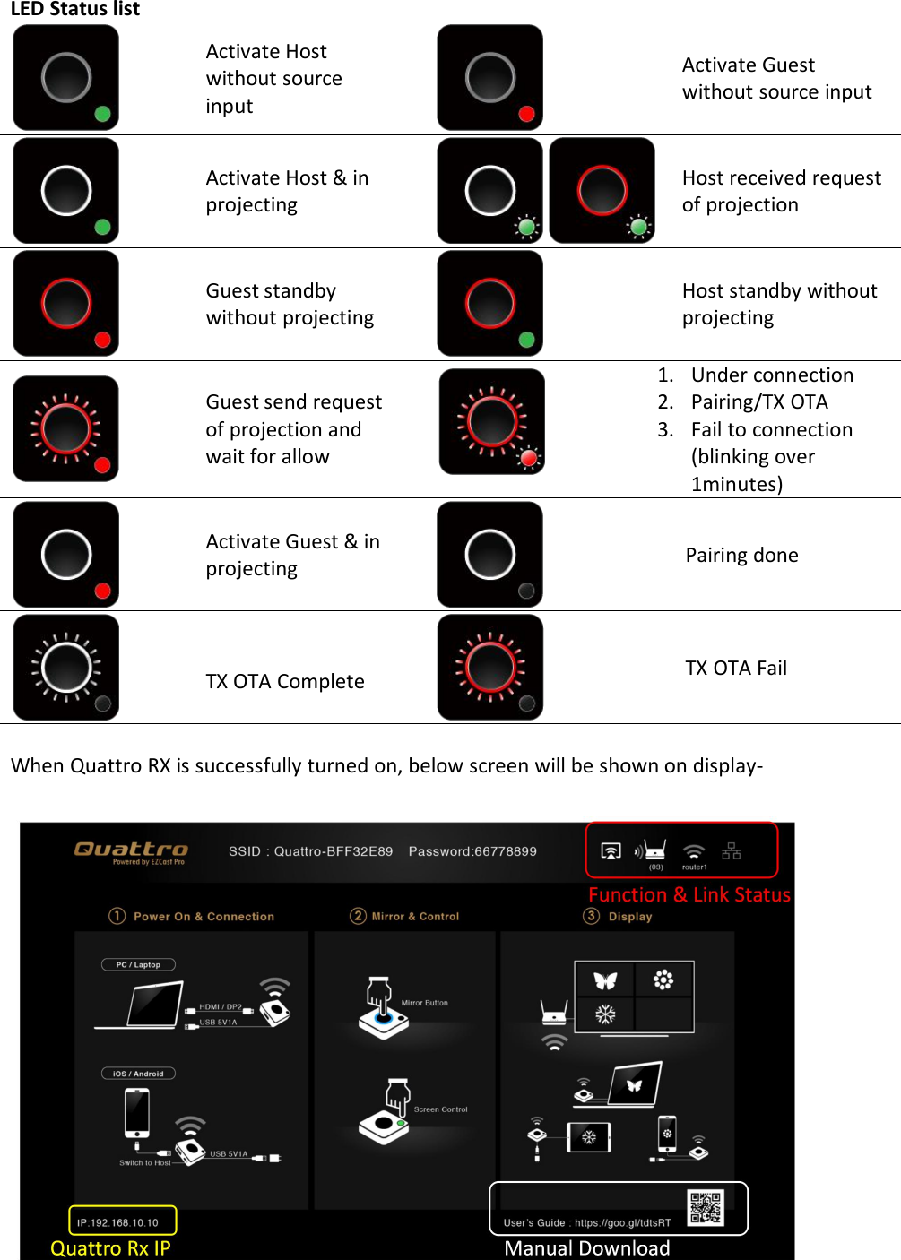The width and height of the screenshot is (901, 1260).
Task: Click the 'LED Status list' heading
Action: tap(75, 9)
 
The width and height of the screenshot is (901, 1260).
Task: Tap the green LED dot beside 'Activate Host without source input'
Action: tap(102, 114)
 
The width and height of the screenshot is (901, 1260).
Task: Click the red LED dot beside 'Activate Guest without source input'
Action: tap(526, 114)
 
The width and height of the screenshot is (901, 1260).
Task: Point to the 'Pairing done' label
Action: tap(741, 555)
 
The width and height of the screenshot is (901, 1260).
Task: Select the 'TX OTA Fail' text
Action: tap(735, 668)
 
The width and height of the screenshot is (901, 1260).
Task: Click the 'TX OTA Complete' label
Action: tap(284, 681)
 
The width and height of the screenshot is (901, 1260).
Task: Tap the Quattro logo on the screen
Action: tap(131, 850)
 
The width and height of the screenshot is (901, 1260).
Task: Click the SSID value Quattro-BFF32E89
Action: tap(333, 851)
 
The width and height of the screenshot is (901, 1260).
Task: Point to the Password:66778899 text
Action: tap(472, 851)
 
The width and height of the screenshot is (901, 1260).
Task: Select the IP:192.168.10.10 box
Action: tap(122, 1221)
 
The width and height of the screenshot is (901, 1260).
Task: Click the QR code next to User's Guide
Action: tap(706, 1207)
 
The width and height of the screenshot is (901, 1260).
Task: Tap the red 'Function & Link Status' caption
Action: tap(689, 894)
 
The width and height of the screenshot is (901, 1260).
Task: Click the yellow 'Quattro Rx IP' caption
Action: tap(110, 1248)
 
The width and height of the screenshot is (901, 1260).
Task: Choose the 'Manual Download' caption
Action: tap(586, 1248)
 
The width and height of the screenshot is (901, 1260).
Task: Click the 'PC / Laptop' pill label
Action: tap(138, 965)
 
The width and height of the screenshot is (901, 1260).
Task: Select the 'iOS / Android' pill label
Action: tap(138, 1074)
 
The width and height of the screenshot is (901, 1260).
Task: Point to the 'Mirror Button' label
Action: tap(424, 1003)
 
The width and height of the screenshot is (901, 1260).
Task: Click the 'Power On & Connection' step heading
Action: tap(204, 917)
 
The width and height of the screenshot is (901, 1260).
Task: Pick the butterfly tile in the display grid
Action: tap(605, 980)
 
